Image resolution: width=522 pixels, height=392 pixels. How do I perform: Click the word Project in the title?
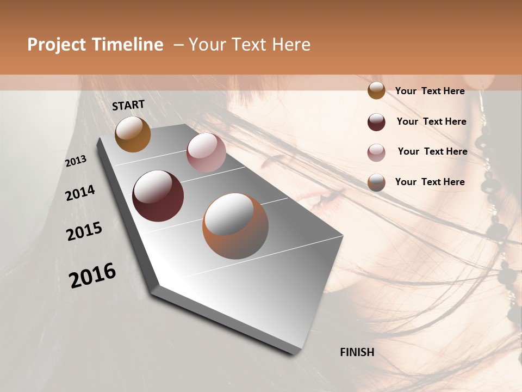(56, 45)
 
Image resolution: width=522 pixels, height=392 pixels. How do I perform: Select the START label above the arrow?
(128, 105)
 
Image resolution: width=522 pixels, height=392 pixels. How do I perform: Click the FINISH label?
(357, 352)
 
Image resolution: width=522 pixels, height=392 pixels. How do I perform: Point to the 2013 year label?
(76, 161)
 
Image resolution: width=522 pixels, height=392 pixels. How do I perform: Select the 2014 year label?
(80, 193)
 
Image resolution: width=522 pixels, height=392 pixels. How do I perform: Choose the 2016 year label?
(92, 275)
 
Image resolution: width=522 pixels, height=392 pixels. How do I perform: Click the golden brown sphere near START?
(133, 134)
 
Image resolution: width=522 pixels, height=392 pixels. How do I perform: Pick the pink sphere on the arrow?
(206, 152)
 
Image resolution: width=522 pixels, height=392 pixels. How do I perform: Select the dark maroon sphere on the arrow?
(158, 196)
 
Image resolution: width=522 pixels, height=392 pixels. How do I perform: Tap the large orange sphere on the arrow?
(235, 226)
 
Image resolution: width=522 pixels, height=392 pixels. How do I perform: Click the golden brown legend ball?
(376, 91)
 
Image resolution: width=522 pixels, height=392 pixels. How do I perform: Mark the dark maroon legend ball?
(376, 122)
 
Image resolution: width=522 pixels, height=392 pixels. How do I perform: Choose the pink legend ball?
(376, 152)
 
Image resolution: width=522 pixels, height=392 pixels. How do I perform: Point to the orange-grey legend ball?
(376, 182)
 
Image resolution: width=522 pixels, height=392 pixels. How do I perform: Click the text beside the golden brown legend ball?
(430, 91)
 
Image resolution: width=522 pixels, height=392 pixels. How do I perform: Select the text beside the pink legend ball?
(432, 151)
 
